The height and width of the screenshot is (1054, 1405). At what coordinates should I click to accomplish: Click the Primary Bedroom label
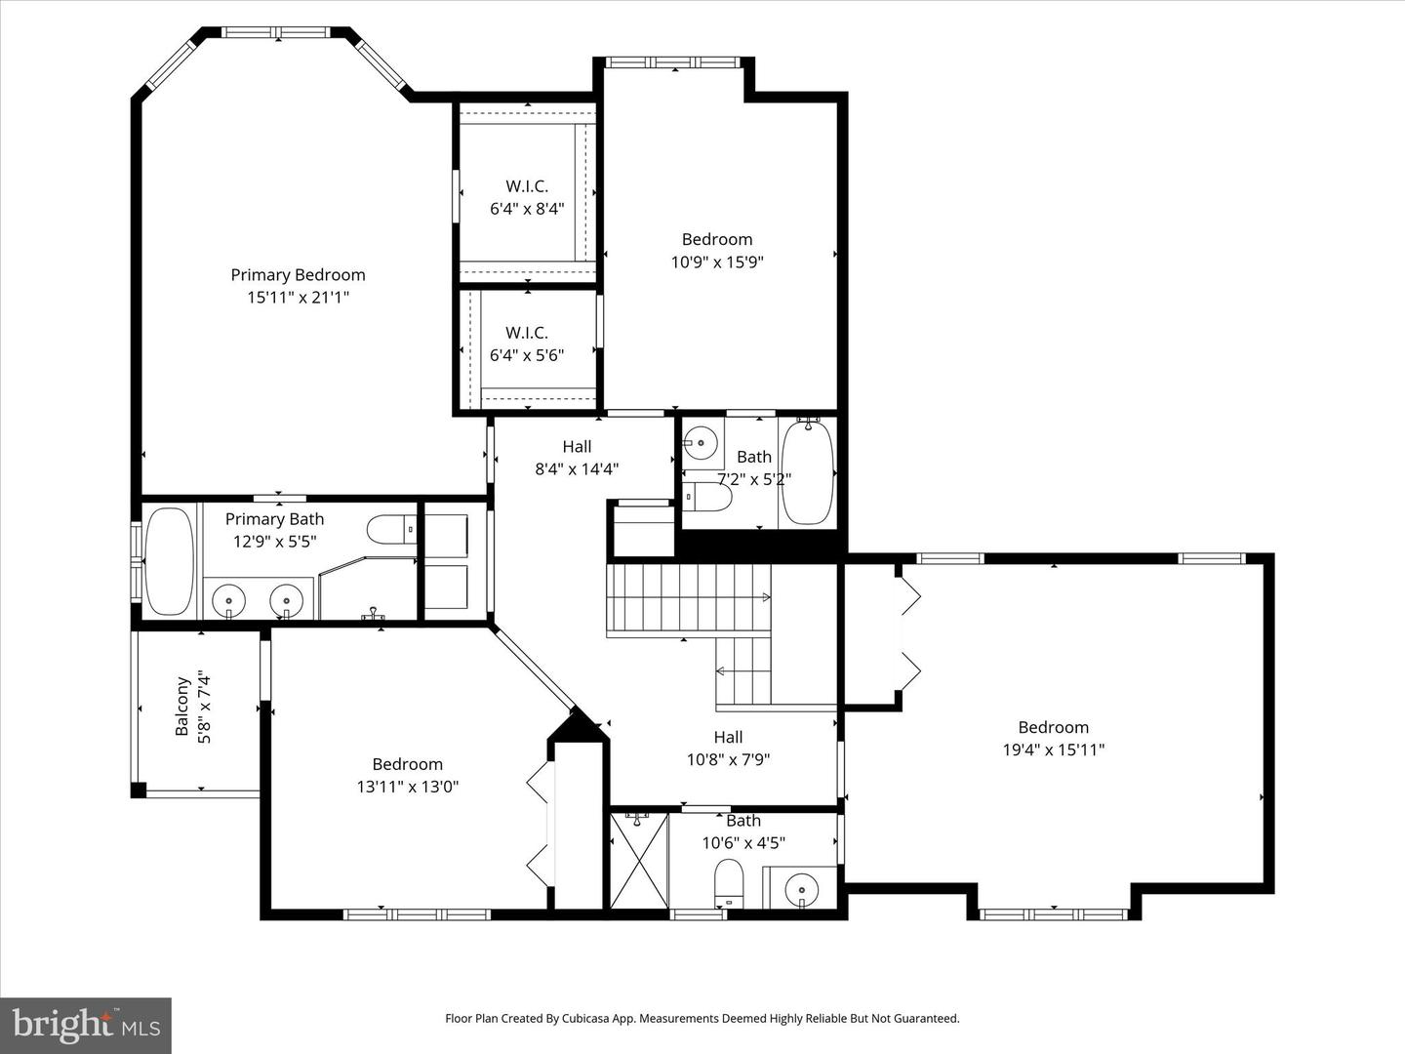point(298,275)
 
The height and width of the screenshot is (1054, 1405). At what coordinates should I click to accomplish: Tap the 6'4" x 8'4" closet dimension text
point(527,208)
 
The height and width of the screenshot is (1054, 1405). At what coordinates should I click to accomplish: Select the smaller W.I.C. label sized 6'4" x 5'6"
point(527,333)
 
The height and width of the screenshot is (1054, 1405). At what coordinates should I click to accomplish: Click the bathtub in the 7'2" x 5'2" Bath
point(808,471)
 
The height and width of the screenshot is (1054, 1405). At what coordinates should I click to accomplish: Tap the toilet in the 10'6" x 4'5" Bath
point(729,883)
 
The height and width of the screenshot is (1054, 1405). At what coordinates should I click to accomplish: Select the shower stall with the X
point(638,860)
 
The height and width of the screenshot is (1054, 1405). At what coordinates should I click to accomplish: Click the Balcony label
point(182,707)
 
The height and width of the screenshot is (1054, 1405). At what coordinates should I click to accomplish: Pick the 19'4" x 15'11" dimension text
point(1054,750)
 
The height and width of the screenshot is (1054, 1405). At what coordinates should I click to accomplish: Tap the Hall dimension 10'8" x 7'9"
point(728,759)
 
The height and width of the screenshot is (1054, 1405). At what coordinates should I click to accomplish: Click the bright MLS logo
point(85,1025)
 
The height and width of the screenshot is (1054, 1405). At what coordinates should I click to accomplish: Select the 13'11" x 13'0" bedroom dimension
point(408,787)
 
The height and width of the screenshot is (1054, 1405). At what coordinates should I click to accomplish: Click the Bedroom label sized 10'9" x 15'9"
point(717,240)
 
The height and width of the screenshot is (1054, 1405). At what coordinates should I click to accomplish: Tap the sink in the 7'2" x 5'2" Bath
point(701,444)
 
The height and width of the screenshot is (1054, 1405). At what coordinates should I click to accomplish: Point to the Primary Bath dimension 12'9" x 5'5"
point(274,542)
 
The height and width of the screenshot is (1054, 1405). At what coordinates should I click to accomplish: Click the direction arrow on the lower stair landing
point(722,671)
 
